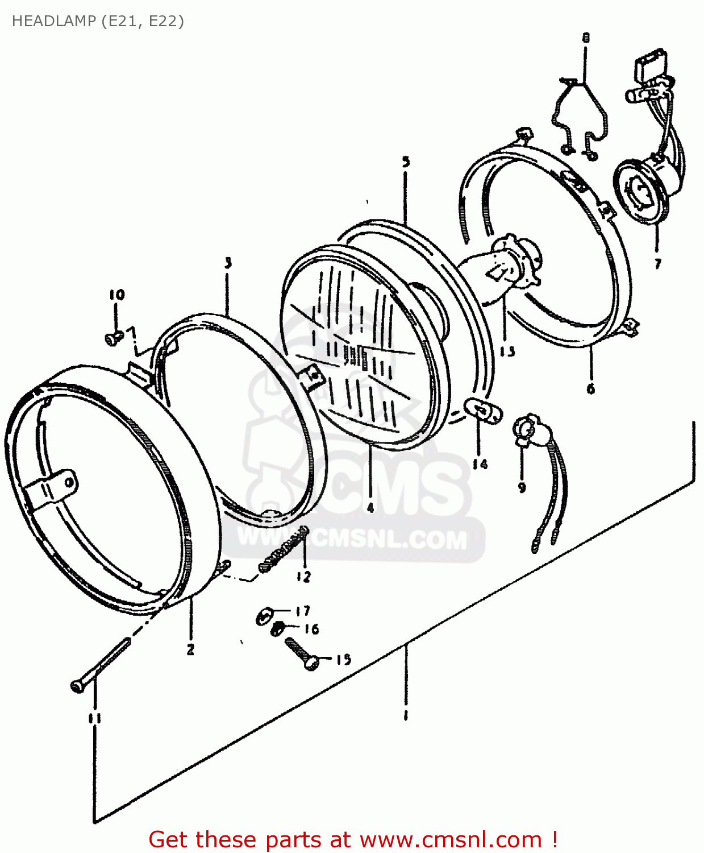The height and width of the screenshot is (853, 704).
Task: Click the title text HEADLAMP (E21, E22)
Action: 98,21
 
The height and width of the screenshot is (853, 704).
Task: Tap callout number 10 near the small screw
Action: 116,295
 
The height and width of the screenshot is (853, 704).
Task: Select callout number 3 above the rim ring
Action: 228,263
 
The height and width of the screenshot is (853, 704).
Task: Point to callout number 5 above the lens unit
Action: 406,162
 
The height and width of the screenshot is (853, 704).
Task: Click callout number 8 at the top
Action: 586,38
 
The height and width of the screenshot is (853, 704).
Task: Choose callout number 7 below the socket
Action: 657,263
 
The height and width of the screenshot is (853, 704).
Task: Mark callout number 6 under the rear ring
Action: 591,388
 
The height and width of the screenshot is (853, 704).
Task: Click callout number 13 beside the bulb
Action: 507,351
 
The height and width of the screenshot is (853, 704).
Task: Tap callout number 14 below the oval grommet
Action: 480,465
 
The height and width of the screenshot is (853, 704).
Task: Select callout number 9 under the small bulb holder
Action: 522,487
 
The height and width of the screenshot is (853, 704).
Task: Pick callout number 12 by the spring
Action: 303,577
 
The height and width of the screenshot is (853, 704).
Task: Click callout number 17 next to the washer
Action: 303,611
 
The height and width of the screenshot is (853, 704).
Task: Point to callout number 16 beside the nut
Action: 311,629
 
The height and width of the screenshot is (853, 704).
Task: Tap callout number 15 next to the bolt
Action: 343,660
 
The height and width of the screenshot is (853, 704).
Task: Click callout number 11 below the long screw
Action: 94,718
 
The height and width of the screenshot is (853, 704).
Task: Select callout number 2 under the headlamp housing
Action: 190,649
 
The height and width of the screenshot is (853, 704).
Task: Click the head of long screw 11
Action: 78,686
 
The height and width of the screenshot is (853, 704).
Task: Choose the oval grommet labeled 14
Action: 484,411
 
